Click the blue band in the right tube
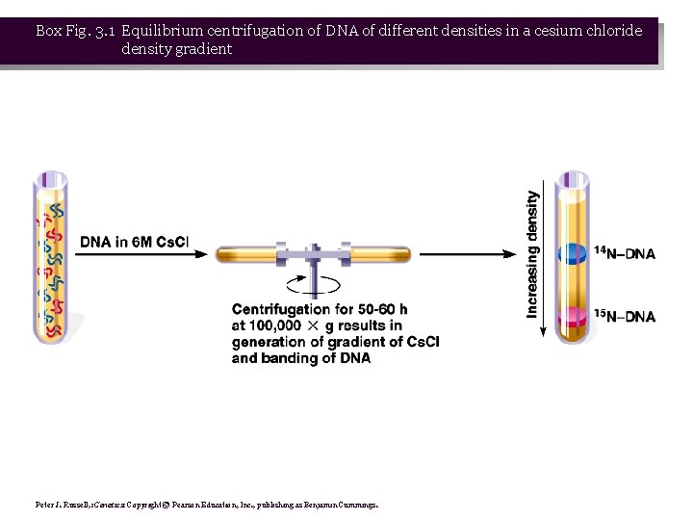573,253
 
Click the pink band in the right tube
573,316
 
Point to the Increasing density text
532,254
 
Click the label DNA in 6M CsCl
134,243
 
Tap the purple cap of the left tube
51,179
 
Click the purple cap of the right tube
573,179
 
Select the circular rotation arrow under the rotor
314,283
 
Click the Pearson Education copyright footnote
207,504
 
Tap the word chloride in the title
613,30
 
